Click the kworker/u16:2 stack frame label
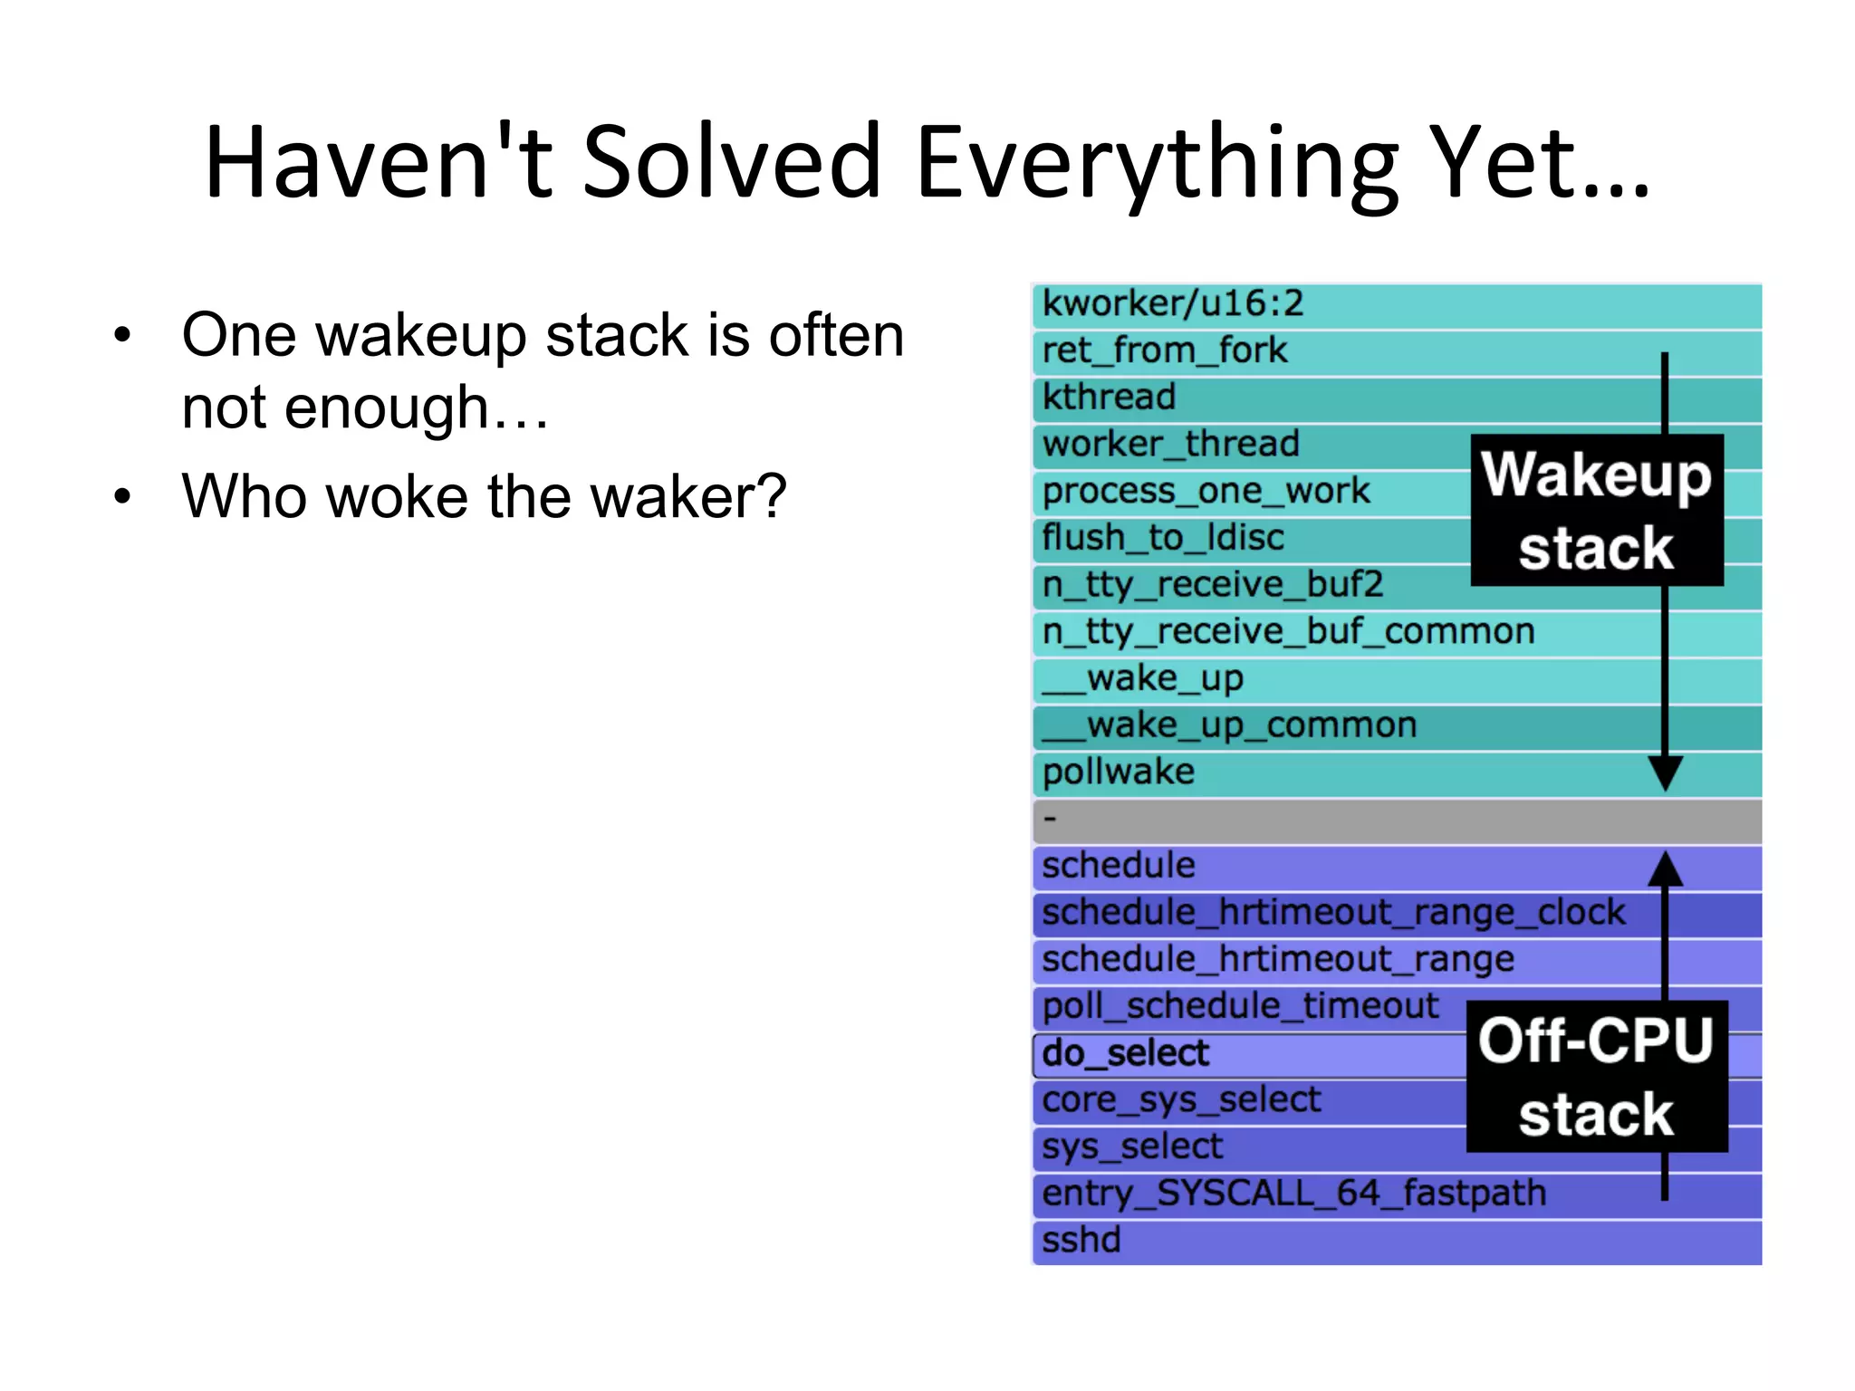pos(1173,303)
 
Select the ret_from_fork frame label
pos(1164,350)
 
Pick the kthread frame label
pos(1109,398)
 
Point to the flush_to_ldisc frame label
pos(1163,538)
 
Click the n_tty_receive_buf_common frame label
pos(1288,631)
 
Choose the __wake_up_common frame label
pos(1229,725)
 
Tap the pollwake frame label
pos(1119,772)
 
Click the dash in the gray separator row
pos(1050,820)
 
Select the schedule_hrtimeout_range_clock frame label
pos(1333,913)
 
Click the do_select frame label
pos(1125,1053)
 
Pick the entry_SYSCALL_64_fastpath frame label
pos(1293,1194)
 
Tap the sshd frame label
pos(1081,1240)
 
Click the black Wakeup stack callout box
pos(1597,511)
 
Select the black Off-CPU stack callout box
pos(1597,1076)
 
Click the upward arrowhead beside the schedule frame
pos(1665,869)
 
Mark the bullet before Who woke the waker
pos(122,496)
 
